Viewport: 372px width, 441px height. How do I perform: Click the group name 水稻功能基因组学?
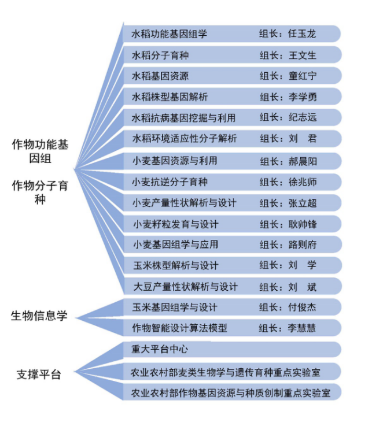click(x=170, y=34)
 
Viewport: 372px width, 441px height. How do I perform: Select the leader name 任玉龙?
click(x=302, y=34)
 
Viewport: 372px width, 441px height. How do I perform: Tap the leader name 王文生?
click(x=302, y=55)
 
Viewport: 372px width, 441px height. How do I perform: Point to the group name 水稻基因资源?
click(x=160, y=76)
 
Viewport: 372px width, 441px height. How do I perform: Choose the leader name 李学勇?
click(x=302, y=97)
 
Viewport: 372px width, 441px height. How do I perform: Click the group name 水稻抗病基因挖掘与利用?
click(x=184, y=118)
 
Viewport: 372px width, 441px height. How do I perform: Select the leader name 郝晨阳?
click(x=302, y=161)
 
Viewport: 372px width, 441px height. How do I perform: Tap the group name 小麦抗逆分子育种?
click(x=170, y=182)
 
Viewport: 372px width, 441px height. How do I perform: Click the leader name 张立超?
click(x=302, y=203)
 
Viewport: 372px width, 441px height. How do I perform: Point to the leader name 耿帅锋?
click(x=302, y=224)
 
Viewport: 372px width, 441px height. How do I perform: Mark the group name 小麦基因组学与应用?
click(x=175, y=244)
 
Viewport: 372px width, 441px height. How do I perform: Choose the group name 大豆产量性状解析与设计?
click(x=185, y=287)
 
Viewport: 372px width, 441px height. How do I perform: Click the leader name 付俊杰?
click(x=302, y=307)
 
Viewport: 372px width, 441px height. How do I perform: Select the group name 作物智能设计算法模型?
click(x=179, y=328)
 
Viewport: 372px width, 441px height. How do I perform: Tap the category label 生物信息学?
click(x=39, y=316)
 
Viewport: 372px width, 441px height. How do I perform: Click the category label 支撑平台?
click(x=39, y=375)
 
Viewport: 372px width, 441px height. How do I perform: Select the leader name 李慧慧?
click(x=302, y=328)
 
